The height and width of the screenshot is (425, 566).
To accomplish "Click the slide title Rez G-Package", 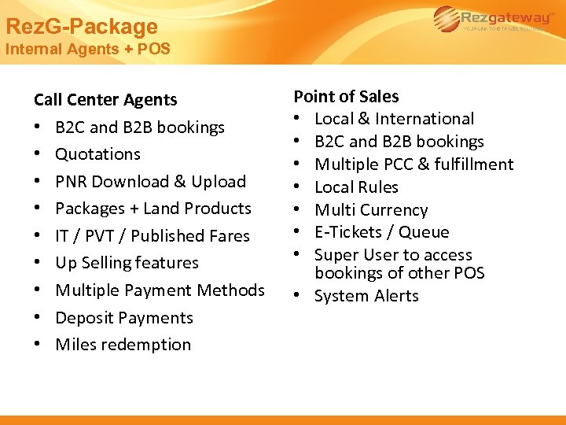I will pyautogui.click(x=82, y=27).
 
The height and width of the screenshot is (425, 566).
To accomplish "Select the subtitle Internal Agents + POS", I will pyautogui.click(x=87, y=49).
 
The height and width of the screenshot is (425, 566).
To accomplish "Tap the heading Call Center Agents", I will pyautogui.click(x=105, y=100).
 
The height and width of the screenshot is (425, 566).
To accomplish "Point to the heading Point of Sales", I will pyautogui.click(x=346, y=97).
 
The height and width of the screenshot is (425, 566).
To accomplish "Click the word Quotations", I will pyautogui.click(x=98, y=154).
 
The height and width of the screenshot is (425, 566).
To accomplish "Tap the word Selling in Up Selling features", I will pyautogui.click(x=109, y=263).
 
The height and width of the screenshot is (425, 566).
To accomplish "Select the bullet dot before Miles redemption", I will pyautogui.click(x=38, y=346).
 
